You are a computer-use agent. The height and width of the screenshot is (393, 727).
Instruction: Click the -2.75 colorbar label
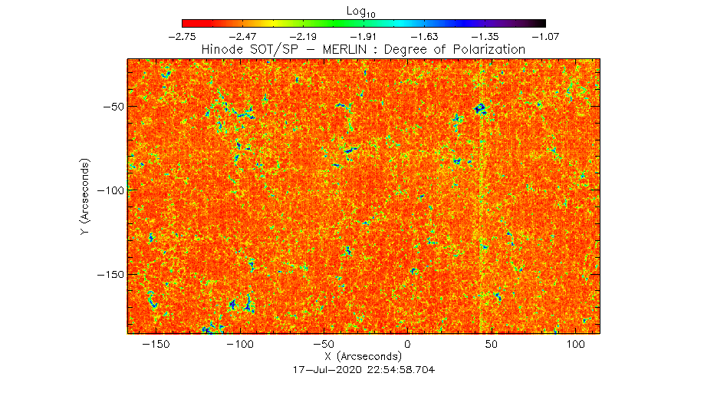tap(183, 37)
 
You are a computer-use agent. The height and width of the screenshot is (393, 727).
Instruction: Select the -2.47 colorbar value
tap(242, 37)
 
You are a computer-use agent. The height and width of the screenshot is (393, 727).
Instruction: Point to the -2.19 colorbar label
tap(303, 37)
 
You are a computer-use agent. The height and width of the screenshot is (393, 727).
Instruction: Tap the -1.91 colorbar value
tap(364, 37)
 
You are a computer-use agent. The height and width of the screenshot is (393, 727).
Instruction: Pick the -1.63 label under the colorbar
tap(424, 37)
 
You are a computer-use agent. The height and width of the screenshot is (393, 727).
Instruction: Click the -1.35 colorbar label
tap(485, 37)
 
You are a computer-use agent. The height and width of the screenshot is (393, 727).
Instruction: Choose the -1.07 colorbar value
tap(546, 37)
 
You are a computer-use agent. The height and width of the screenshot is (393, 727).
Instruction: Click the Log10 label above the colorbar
tap(360, 12)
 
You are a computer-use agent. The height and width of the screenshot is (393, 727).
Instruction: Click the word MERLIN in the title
tap(345, 50)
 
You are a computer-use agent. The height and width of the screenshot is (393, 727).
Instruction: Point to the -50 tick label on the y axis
tap(113, 106)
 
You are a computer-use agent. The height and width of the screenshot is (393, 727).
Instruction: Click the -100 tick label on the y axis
tap(110, 190)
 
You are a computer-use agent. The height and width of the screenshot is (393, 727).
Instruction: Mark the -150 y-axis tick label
tap(110, 274)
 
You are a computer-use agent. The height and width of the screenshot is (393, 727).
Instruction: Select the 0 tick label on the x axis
tap(407, 345)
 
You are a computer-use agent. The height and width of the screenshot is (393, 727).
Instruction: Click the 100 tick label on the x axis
tap(575, 345)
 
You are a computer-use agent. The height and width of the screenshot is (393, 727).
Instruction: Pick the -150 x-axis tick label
tap(156, 345)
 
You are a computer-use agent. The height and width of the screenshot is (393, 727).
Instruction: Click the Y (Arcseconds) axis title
tap(85, 196)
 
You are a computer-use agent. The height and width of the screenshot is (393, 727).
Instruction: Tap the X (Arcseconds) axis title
tap(363, 357)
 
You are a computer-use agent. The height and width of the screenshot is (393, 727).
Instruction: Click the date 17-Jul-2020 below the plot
tap(327, 370)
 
